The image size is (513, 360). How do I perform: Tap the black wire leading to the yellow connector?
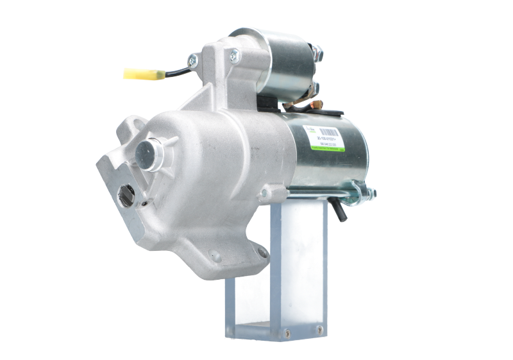tap(176, 69)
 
